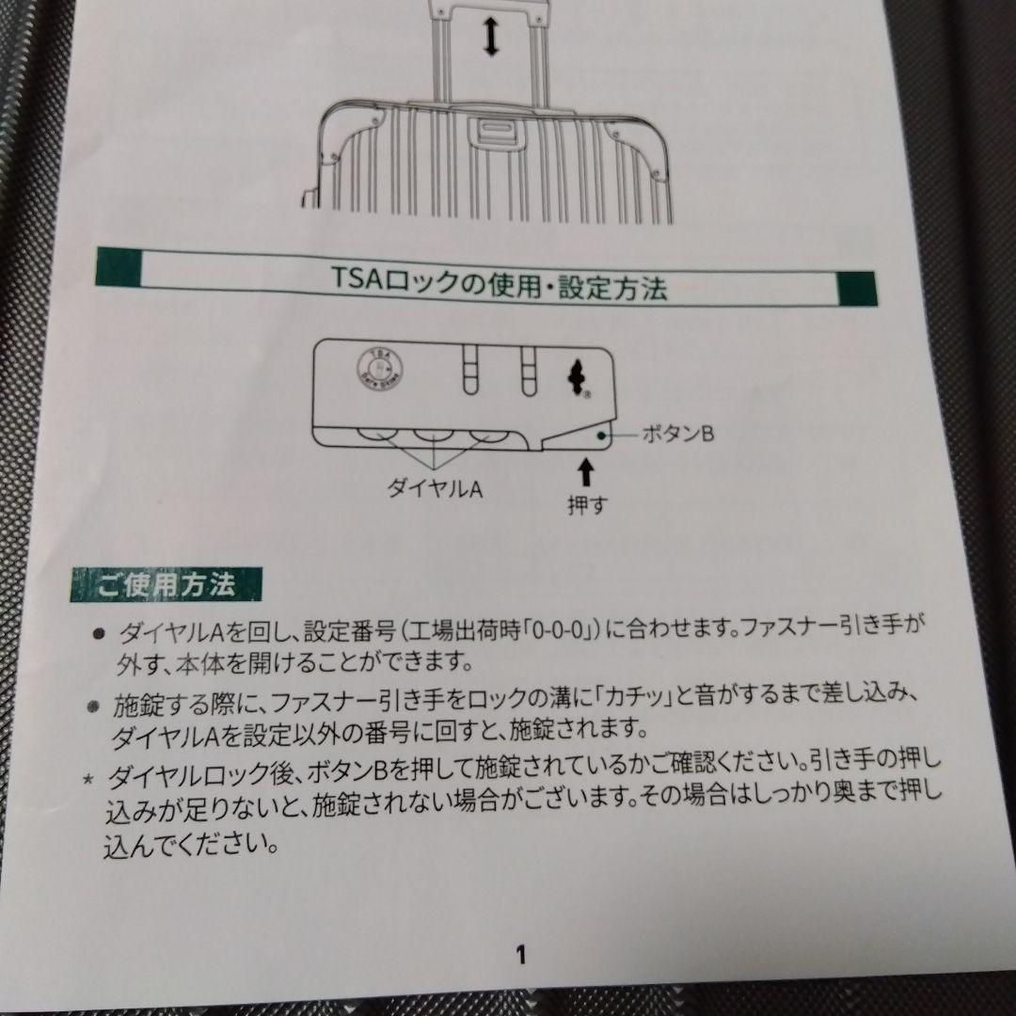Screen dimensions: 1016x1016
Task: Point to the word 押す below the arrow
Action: tap(587, 504)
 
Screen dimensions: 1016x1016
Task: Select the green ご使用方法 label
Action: tap(167, 586)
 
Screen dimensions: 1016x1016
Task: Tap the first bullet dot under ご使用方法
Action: tap(99, 635)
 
